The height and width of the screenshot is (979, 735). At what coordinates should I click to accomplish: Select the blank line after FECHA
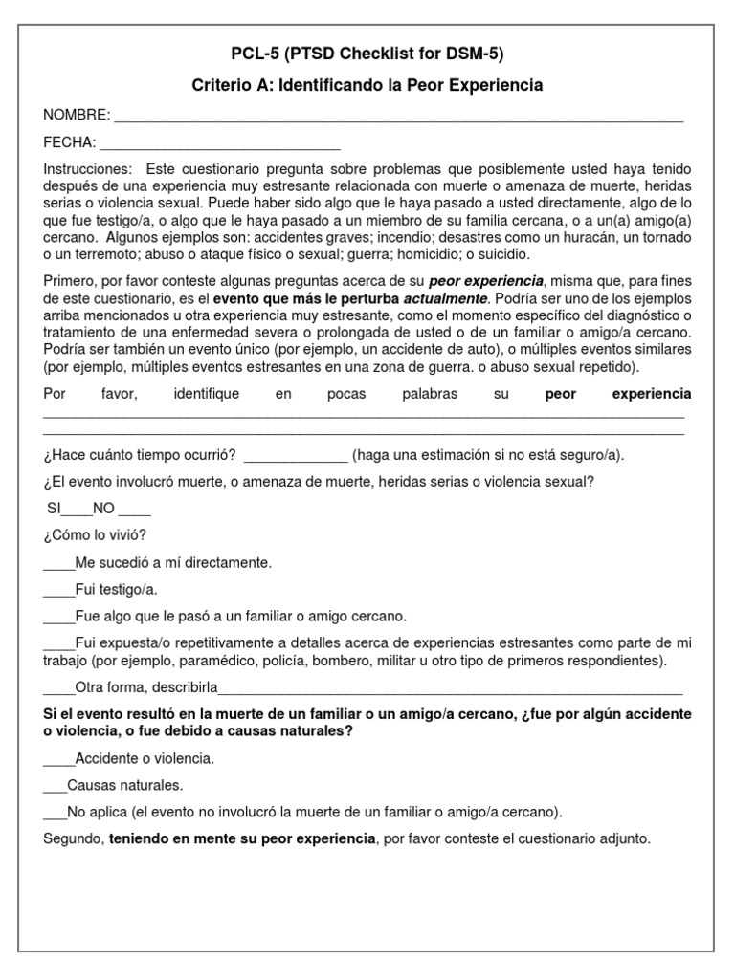point(220,145)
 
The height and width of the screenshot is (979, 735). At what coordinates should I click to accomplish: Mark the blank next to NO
point(135,511)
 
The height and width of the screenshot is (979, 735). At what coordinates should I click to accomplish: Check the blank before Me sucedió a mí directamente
point(58,565)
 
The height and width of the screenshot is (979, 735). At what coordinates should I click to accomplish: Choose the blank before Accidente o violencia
point(58,760)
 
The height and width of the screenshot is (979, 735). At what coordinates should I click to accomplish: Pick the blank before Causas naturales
point(56,787)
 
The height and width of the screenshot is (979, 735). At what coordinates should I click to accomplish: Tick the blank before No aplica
point(56,814)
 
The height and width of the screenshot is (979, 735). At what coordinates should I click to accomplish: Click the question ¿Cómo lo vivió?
point(96,534)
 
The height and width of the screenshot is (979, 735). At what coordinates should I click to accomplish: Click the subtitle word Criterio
point(222,86)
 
